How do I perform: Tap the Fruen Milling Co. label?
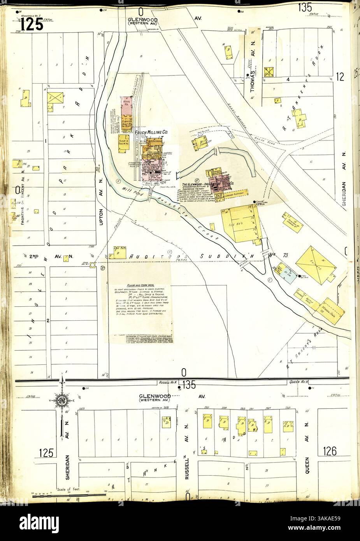click(151, 133)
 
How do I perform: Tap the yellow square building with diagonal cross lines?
click(268, 71)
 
